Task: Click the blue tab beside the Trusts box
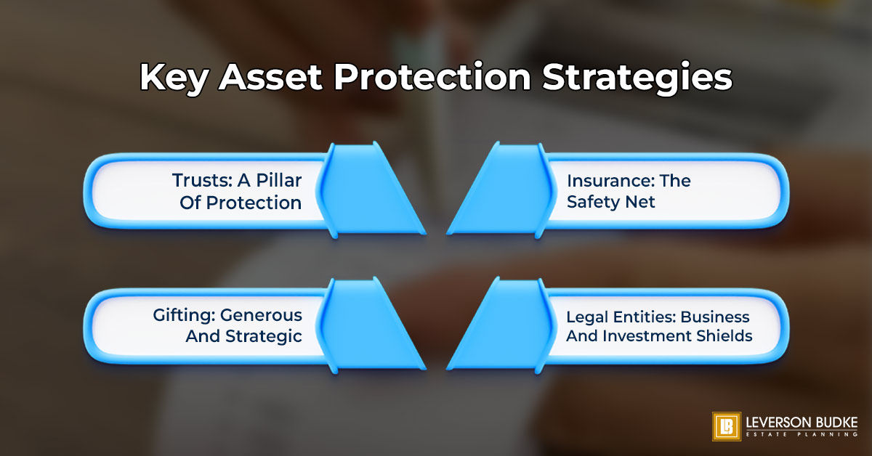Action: [370, 190]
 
